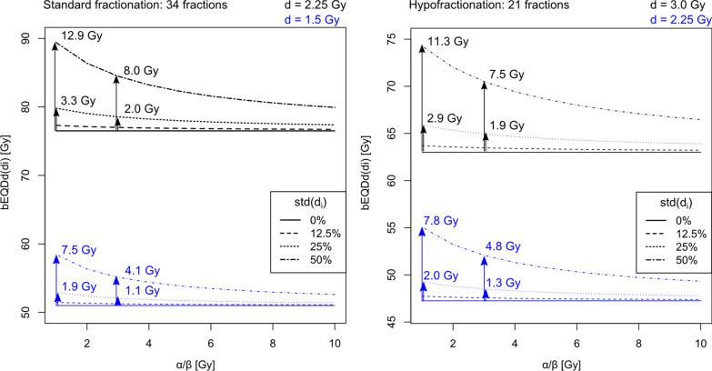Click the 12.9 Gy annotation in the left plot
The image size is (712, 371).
click(79, 35)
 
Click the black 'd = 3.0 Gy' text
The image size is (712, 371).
click(674, 6)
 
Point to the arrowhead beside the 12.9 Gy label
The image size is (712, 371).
click(55, 45)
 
